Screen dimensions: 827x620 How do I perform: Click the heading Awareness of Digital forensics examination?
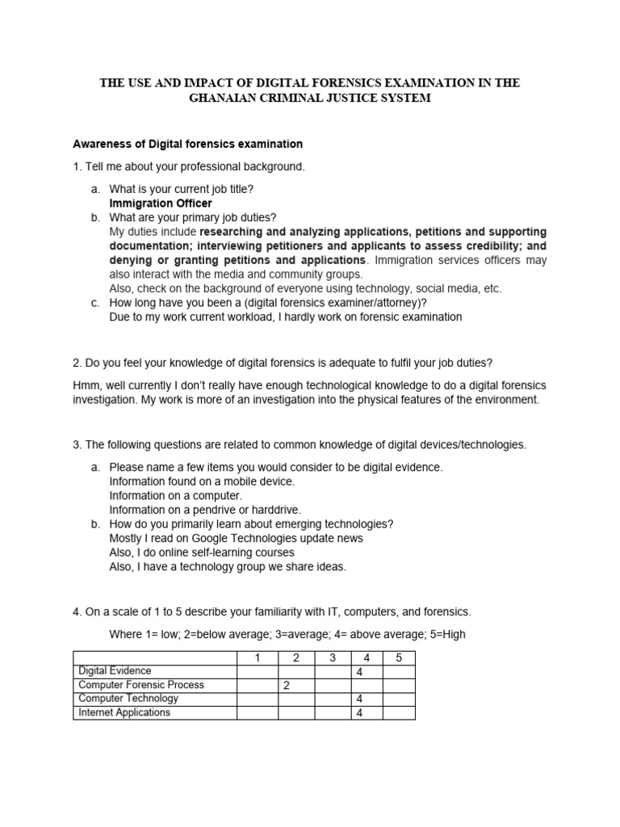coord(187,145)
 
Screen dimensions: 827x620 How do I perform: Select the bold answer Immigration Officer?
coord(160,204)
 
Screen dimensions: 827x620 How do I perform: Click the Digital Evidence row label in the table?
coord(114,671)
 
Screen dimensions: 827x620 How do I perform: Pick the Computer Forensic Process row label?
coord(140,685)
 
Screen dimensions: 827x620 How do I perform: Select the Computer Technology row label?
coord(128,699)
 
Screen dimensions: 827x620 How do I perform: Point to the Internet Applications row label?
coord(124,712)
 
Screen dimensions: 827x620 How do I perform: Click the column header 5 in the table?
coord(398,657)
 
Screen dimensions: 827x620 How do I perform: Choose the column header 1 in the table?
coord(257,657)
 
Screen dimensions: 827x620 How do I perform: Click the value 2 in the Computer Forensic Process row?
coord(285,686)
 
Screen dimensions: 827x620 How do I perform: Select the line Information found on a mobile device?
coord(202,481)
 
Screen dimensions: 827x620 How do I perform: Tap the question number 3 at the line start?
coord(76,445)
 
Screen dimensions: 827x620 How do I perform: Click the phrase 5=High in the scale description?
coord(447,634)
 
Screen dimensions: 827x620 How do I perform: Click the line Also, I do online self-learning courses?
coord(202,552)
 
